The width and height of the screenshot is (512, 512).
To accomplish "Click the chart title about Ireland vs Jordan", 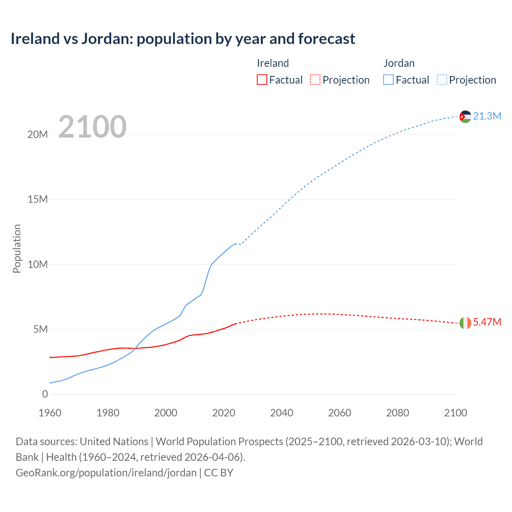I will tap(183, 39).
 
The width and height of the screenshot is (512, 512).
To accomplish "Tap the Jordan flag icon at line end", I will tap(465, 117).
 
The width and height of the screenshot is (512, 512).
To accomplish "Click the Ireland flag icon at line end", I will tap(465, 323).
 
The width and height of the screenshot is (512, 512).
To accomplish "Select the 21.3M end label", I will tap(487, 116).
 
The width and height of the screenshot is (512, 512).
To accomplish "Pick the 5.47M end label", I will tap(487, 322).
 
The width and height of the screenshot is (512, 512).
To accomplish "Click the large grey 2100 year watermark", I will tap(92, 127).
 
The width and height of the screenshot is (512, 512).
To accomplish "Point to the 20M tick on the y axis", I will tap(38, 134).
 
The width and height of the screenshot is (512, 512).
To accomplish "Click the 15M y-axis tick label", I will tap(38, 199).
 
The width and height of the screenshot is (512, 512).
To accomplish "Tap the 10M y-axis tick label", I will tap(38, 264).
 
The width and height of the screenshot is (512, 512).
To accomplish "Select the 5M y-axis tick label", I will tap(40, 329).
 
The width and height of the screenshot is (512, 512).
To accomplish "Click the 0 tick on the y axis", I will tap(45, 394).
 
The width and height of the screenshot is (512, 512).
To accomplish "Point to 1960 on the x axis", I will tap(50, 413).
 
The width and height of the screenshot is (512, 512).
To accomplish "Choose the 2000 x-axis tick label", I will tap(166, 413).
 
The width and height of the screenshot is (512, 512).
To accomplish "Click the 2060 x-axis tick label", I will tap(340, 413).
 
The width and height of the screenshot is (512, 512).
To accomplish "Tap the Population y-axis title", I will tap(17, 248).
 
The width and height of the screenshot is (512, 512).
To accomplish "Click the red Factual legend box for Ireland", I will tap(262, 80).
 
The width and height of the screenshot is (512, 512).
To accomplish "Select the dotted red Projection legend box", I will tap(315, 80).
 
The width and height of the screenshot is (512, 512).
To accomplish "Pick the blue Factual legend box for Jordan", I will tap(388, 80).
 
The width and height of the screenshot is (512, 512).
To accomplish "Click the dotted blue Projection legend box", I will tap(442, 80).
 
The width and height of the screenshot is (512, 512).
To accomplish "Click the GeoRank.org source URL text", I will tap(106, 473).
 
